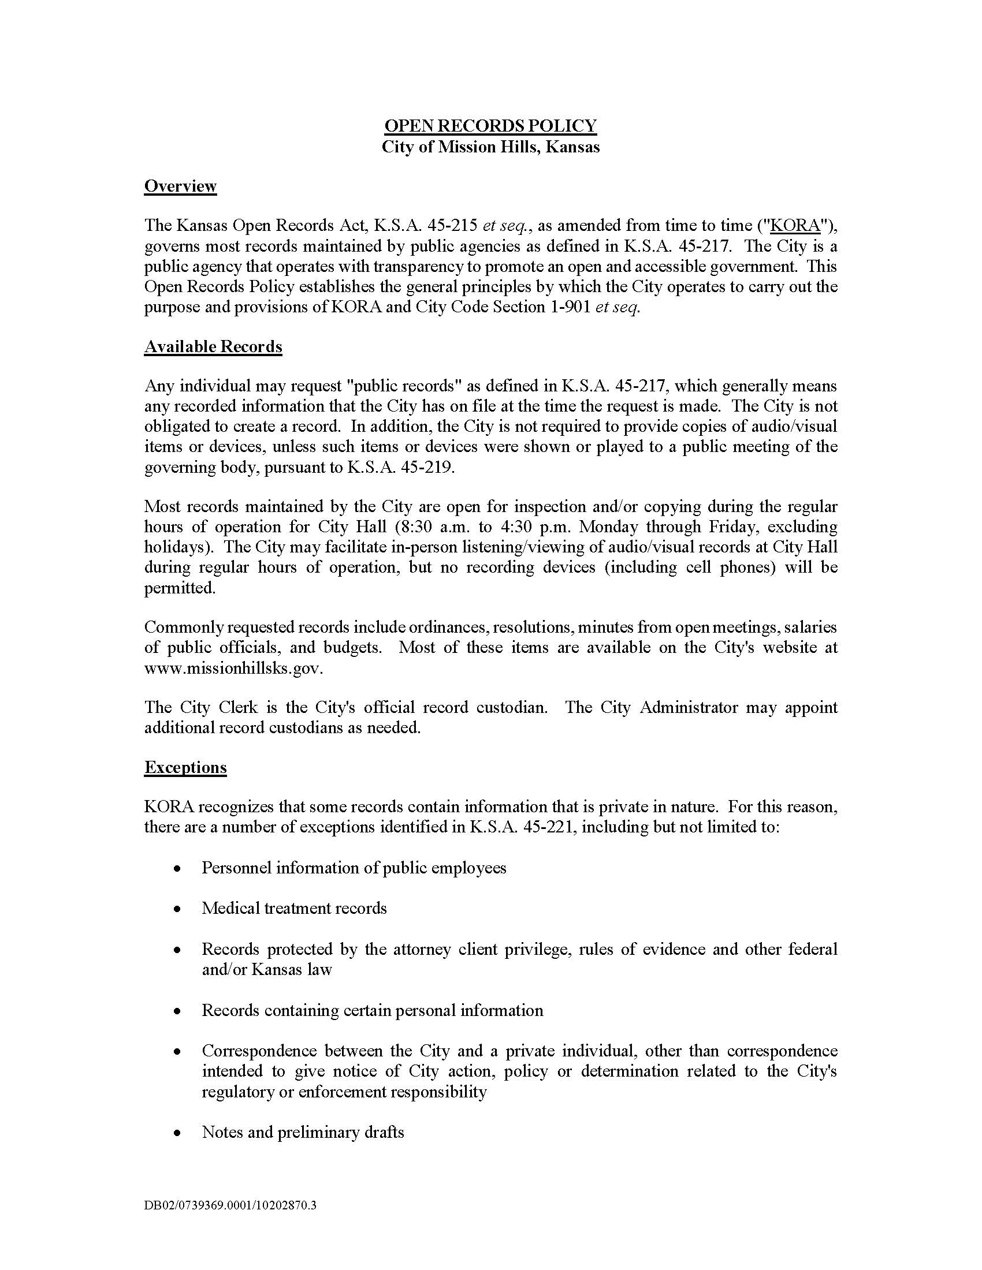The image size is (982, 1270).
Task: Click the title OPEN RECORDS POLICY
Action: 490,126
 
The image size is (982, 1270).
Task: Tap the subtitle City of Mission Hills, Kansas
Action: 490,147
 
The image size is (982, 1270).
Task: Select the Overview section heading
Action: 180,186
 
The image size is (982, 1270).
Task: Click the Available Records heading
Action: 213,346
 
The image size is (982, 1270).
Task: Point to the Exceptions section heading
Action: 185,767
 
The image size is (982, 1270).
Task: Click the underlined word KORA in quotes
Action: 795,226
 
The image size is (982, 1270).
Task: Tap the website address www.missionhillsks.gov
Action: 233,667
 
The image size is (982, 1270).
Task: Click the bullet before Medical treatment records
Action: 177,909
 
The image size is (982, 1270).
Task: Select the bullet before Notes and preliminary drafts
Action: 177,1133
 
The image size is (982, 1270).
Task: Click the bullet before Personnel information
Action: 177,869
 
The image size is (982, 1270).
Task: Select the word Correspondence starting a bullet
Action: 259,1051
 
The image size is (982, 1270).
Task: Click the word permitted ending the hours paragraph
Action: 179,588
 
